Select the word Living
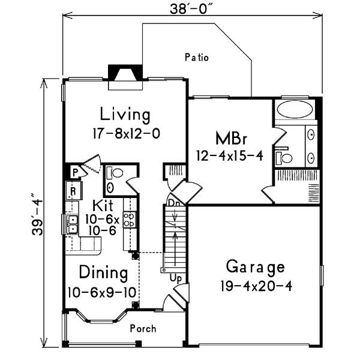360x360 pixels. pyautogui.click(x=125, y=113)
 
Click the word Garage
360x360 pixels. pyautogui.click(x=255, y=266)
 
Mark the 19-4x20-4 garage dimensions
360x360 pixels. pyautogui.click(x=255, y=286)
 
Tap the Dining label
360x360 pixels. pyautogui.click(x=103, y=273)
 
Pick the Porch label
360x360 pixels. pyautogui.click(x=143, y=329)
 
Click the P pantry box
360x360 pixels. pyautogui.click(x=74, y=172)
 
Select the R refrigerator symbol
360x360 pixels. pyautogui.click(x=73, y=191)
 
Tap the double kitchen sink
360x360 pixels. pyautogui.click(x=73, y=224)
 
